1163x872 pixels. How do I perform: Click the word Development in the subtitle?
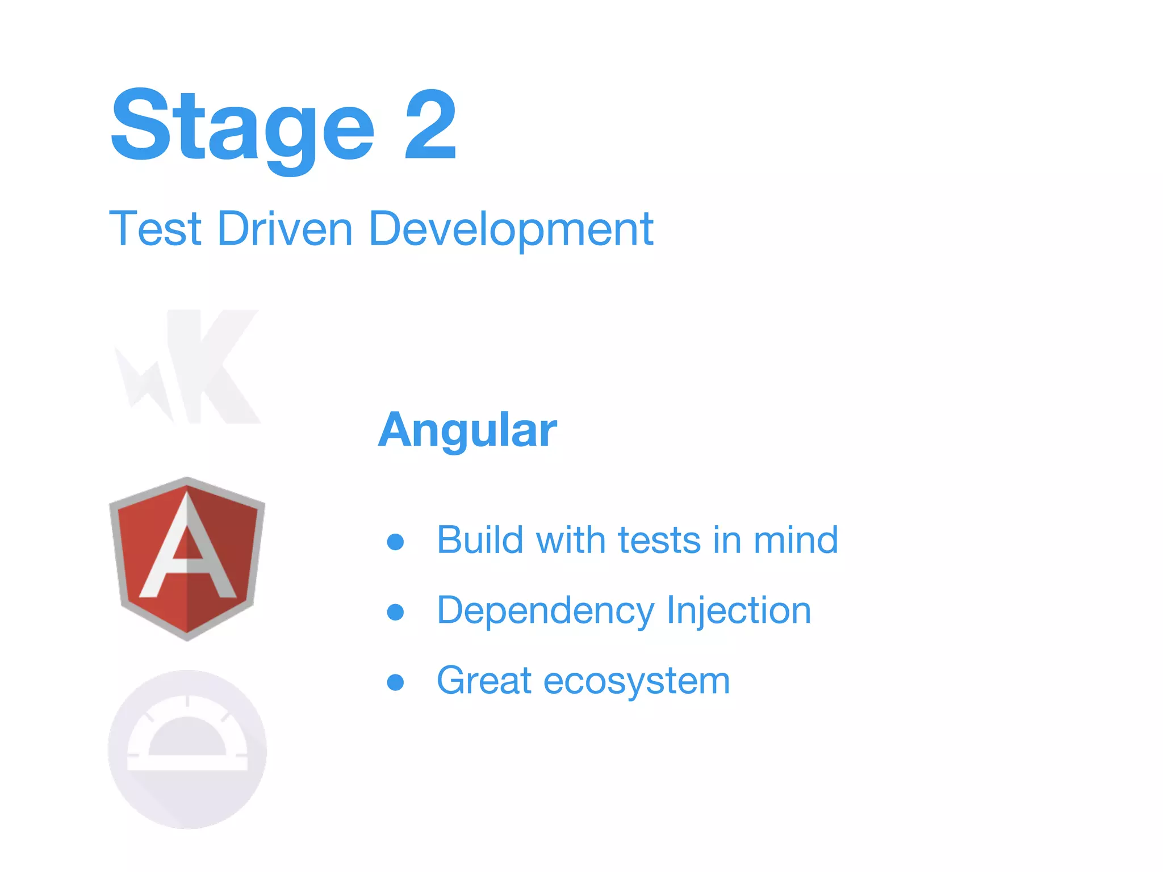[x=511, y=229]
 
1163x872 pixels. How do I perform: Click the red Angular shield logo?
[x=187, y=559]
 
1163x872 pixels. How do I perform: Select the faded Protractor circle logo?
[x=187, y=749]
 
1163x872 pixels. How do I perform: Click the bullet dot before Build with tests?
[x=395, y=542]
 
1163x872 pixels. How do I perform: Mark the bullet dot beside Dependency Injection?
[x=395, y=612]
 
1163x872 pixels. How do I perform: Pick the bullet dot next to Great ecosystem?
[x=395, y=682]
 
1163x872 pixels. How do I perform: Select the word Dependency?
[x=546, y=611]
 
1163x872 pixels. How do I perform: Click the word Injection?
[x=739, y=611]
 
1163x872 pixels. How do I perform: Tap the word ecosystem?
[x=637, y=681]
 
